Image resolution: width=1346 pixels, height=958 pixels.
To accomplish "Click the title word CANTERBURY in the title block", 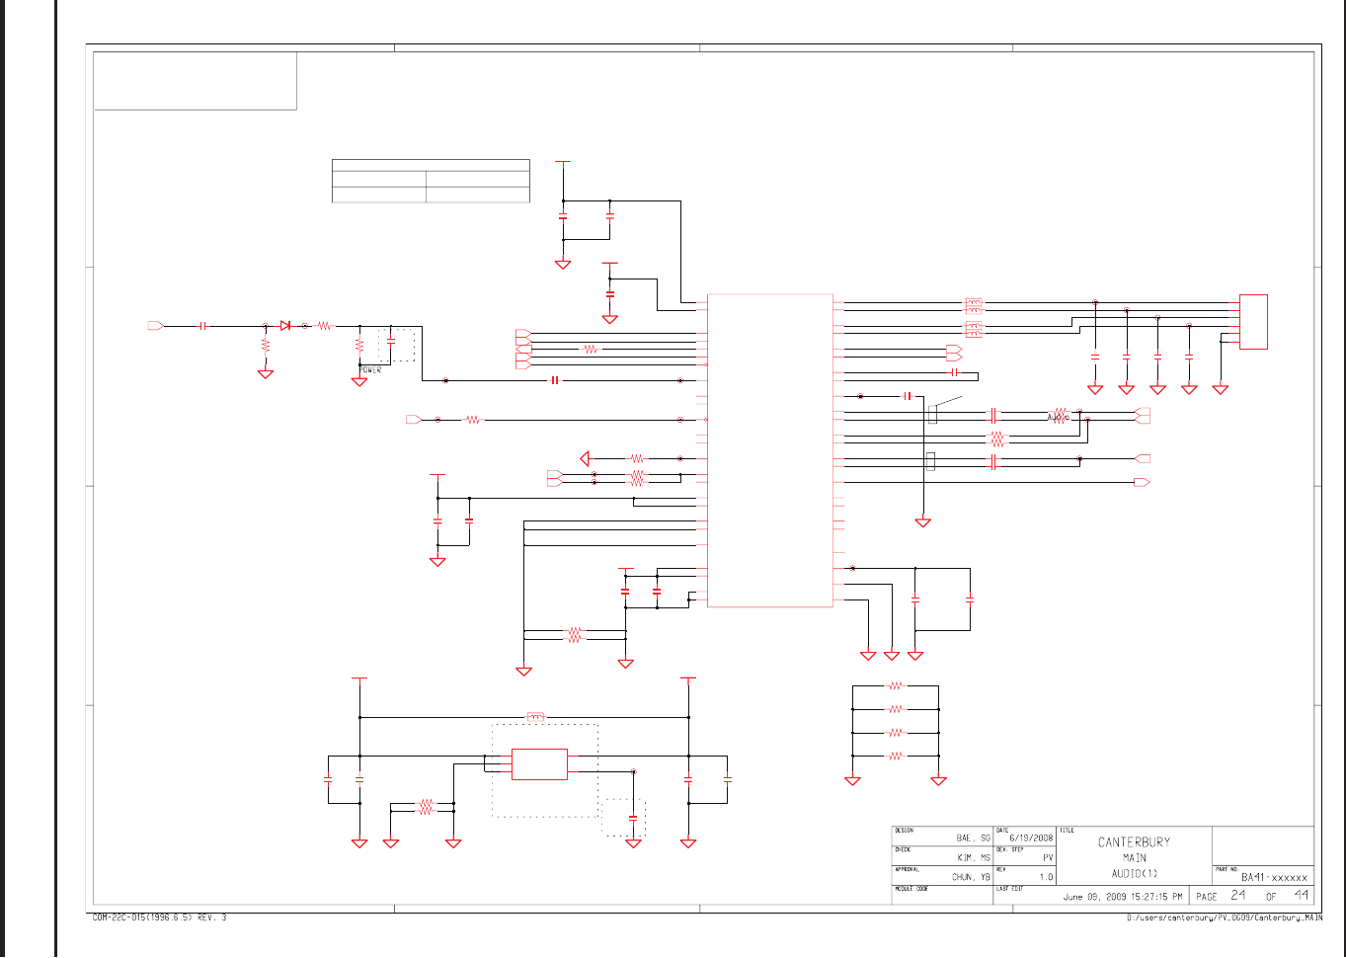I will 1134,842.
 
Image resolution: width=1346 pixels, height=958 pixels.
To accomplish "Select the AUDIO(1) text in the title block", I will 1134,873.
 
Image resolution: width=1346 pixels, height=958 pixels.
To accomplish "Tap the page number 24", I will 1237,895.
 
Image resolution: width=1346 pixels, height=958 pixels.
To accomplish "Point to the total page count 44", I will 1301,895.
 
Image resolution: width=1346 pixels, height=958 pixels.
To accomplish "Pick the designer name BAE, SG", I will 973,838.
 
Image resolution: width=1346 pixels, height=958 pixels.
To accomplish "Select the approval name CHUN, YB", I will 971,877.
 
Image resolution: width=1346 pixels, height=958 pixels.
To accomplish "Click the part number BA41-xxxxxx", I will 1274,877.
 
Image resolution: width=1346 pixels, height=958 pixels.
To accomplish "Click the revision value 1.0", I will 1046,877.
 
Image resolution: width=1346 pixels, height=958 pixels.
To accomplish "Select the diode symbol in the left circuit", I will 284,325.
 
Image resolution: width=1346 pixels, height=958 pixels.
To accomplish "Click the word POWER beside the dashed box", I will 370,370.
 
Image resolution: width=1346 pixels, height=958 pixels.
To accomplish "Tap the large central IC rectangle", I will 770,449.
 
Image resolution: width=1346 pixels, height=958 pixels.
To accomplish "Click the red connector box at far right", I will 1253,321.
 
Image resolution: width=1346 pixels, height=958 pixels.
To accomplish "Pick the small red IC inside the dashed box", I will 539,763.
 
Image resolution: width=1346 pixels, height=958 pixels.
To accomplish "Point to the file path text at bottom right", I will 1225,918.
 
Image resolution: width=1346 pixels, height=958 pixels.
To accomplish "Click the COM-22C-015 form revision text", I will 159,918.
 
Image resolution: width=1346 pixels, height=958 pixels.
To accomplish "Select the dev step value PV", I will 1048,857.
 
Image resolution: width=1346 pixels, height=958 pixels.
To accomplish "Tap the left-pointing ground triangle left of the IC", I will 585,458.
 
